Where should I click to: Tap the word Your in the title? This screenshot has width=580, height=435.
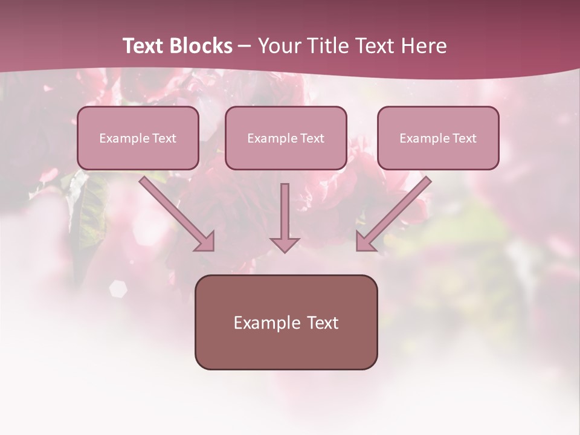(280, 46)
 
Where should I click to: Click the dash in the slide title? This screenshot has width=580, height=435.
(245, 47)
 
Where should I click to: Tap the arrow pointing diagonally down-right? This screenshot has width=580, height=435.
(177, 214)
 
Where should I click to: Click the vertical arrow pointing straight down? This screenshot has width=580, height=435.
(285, 214)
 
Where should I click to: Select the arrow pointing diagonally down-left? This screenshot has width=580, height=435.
(394, 214)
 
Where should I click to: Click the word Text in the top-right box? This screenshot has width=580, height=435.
(464, 138)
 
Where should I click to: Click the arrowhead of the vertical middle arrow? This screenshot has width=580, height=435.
(285, 244)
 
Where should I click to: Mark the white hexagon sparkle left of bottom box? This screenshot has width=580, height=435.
(118, 289)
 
